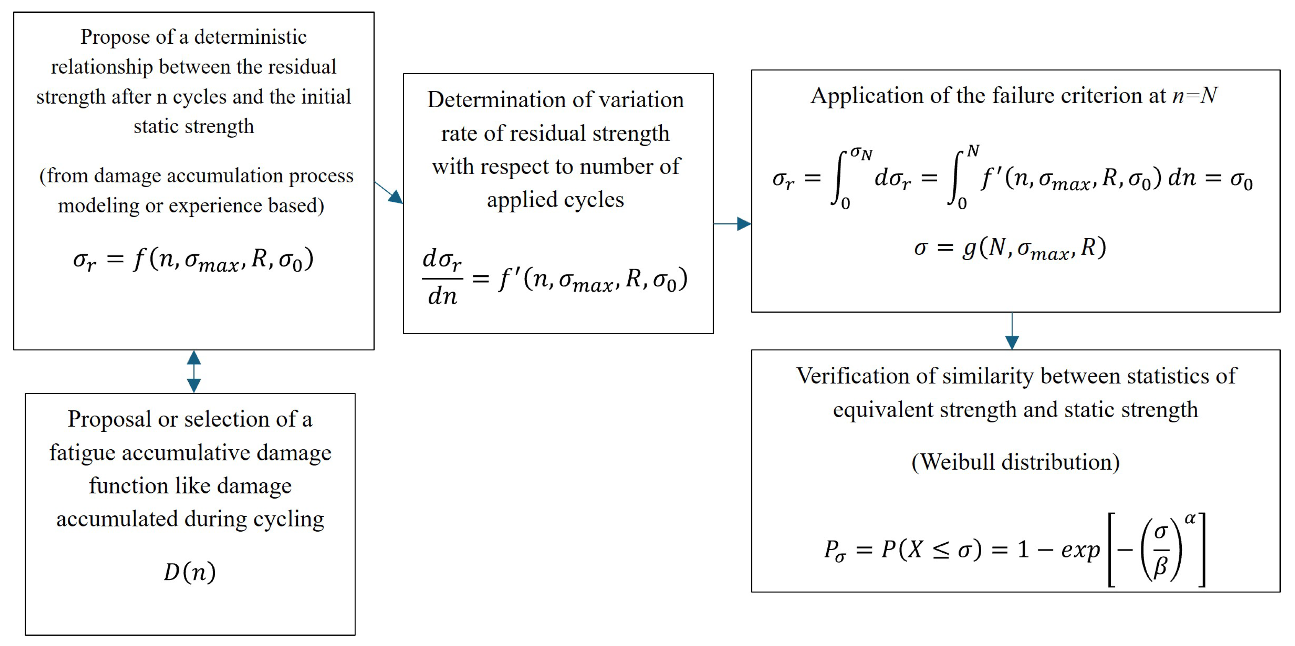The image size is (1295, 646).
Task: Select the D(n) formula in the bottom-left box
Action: [190, 572]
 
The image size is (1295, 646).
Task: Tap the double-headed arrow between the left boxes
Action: [194, 371]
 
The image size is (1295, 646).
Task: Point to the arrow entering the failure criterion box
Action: [733, 224]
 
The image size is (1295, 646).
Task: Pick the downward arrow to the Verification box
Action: [1012, 331]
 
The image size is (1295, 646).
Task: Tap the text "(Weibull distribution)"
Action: [1015, 462]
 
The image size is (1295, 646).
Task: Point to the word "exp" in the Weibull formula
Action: [1081, 550]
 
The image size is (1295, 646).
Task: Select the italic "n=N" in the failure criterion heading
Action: [1194, 95]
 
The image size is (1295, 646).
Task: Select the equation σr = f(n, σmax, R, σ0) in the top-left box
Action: [193, 259]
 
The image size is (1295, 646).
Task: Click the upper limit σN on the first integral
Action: [861, 153]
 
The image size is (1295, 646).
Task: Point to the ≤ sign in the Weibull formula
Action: [941, 550]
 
